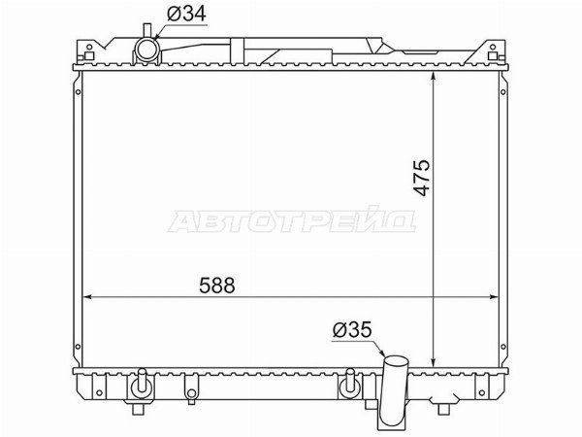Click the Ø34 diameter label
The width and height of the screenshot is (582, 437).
click(x=186, y=15)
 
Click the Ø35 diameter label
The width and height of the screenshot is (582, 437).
click(x=352, y=329)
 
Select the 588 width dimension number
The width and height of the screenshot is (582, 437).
click(x=217, y=286)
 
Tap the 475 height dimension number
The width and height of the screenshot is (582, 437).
click(x=421, y=178)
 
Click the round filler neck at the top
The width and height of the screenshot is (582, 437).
click(x=147, y=50)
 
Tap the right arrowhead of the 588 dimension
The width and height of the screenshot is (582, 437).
click(x=494, y=297)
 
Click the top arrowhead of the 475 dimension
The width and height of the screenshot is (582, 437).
click(x=434, y=77)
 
